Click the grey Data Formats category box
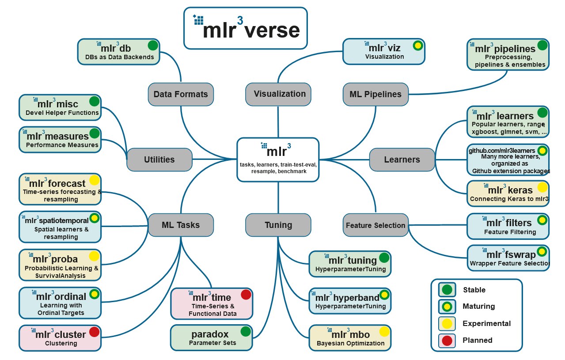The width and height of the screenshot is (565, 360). (181, 94)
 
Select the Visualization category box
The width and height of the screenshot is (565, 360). (278, 94)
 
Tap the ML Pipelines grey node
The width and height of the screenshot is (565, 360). (375, 94)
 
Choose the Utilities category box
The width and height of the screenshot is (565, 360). (159, 159)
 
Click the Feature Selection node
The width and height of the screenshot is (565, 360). (375, 225)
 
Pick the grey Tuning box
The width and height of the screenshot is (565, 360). (278, 225)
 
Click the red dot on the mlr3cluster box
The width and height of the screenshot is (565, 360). (95, 332)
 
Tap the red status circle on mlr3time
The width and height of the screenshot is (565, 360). (246, 295)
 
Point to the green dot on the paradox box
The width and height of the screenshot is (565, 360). (246, 331)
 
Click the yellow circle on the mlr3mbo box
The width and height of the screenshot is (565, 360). (384, 331)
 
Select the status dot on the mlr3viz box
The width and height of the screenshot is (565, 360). (418, 45)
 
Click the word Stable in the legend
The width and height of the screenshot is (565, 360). (474, 290)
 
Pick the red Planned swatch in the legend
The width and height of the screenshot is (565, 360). (447, 341)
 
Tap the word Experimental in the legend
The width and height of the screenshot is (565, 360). (486, 323)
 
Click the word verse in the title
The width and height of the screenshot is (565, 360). (272, 31)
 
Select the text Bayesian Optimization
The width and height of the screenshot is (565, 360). (351, 343)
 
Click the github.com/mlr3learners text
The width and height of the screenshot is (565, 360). (502, 151)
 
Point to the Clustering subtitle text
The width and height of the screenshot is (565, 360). (61, 343)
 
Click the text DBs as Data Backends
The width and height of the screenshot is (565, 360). (120, 57)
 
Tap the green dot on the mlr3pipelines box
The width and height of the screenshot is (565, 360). (542, 45)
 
